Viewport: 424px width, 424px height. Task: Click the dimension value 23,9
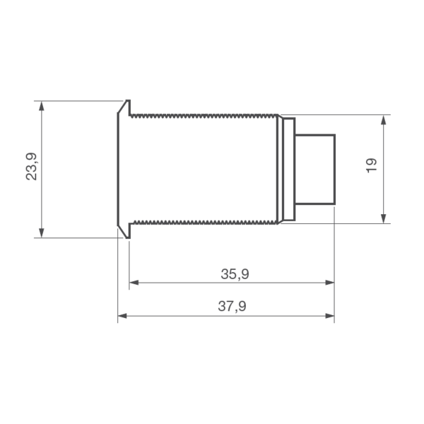(32, 167)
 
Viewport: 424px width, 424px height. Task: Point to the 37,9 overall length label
(232, 306)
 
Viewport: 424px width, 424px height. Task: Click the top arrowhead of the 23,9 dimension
(42, 105)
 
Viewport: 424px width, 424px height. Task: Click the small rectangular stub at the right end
(314, 168)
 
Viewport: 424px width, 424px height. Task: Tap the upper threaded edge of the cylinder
(205, 114)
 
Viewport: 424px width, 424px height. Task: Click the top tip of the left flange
(128, 102)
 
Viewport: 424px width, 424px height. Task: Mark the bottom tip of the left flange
(128, 236)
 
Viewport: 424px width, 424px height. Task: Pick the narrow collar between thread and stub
(288, 168)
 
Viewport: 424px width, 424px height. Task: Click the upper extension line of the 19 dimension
(339, 114)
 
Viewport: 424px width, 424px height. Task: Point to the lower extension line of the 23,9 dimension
(78, 237)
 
